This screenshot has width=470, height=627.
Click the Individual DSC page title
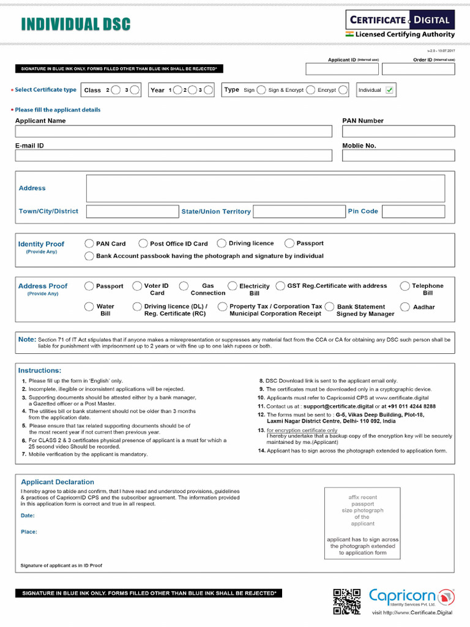[x=75, y=24]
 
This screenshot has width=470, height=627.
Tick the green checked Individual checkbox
[x=390, y=90]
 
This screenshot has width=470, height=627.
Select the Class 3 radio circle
[x=135, y=90]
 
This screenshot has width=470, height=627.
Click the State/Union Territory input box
[x=299, y=211]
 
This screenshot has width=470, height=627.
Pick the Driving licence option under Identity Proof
[x=222, y=244]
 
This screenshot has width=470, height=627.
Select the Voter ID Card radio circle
[x=138, y=286]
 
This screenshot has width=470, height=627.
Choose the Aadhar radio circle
[x=405, y=307]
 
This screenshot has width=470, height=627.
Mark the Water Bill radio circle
[x=89, y=307]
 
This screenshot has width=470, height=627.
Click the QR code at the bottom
[x=346, y=601]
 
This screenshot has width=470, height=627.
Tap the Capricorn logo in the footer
[x=411, y=598]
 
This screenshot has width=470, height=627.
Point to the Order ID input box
[x=427, y=69]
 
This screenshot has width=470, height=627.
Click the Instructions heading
[x=40, y=370]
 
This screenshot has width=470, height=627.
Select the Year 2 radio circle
[x=178, y=90]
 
